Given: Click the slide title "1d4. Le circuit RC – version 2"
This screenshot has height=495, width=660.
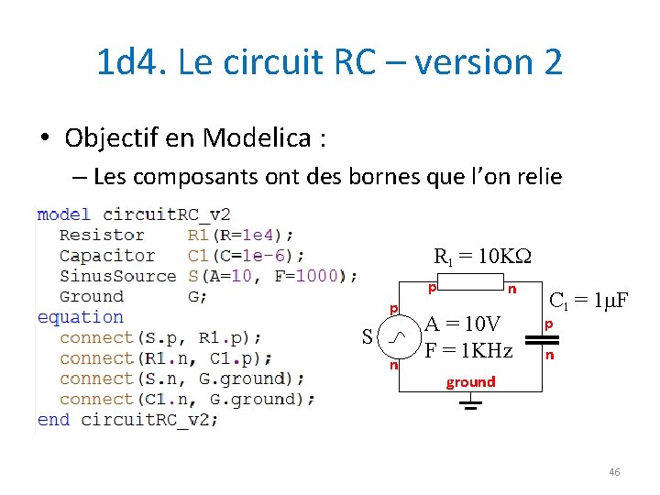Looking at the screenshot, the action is (329, 62).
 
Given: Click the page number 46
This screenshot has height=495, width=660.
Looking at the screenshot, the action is (613, 472).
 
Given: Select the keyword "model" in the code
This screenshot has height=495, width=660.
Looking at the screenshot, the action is (63, 214).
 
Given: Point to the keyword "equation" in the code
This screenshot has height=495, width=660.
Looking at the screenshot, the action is (80, 317).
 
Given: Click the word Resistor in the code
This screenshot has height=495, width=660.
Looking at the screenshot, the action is (102, 236).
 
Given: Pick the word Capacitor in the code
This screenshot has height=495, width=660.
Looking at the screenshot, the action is (107, 256).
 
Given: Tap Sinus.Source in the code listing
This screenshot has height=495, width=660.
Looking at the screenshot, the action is (117, 276).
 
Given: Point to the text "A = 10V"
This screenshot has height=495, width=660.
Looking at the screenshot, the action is (463, 324).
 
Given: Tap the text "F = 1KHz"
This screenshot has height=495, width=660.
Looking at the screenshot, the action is (467, 349).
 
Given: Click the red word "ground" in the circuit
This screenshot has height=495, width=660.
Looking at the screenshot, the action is (470, 381).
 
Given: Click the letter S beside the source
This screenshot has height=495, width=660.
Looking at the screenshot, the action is (367, 337).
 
